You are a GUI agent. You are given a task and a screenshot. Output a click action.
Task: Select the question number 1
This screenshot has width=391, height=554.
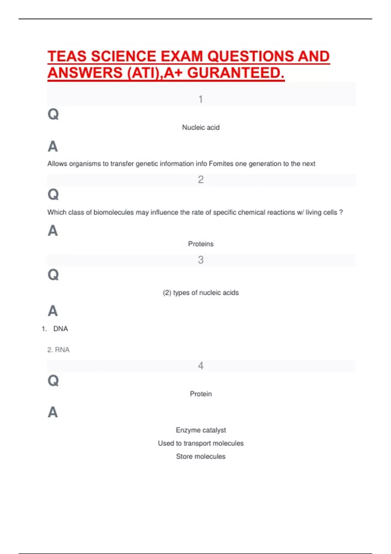(x=201, y=99)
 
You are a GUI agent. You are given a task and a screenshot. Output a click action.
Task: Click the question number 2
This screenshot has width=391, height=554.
(x=201, y=180)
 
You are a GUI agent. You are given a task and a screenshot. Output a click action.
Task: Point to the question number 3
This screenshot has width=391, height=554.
(x=201, y=260)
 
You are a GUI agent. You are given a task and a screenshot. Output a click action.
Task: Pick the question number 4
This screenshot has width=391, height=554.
(x=201, y=366)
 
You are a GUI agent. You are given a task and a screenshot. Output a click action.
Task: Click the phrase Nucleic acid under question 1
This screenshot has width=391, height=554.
(x=201, y=127)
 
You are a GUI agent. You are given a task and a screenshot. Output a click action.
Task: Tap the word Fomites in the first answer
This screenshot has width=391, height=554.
(x=221, y=164)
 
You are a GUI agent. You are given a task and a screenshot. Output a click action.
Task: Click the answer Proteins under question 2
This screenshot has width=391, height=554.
(x=201, y=244)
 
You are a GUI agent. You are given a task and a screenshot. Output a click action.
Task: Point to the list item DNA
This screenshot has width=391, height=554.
(x=61, y=329)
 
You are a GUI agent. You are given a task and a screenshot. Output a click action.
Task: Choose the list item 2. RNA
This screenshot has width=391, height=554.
(x=58, y=350)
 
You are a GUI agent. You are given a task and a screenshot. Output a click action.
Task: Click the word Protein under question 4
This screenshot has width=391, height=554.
(x=201, y=394)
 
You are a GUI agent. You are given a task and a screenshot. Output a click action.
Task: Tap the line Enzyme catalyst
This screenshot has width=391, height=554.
(x=201, y=430)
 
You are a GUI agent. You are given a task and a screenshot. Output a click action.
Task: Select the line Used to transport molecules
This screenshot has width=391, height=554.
(x=201, y=443)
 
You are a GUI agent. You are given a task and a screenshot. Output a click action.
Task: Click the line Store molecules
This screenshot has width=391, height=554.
(x=201, y=457)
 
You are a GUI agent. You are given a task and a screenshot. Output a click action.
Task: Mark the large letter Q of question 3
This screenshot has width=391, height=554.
(x=53, y=275)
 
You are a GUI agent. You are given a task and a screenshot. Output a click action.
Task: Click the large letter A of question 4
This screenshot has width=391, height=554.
(x=53, y=412)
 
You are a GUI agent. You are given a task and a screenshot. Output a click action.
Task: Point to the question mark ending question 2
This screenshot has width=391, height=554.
(x=341, y=212)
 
